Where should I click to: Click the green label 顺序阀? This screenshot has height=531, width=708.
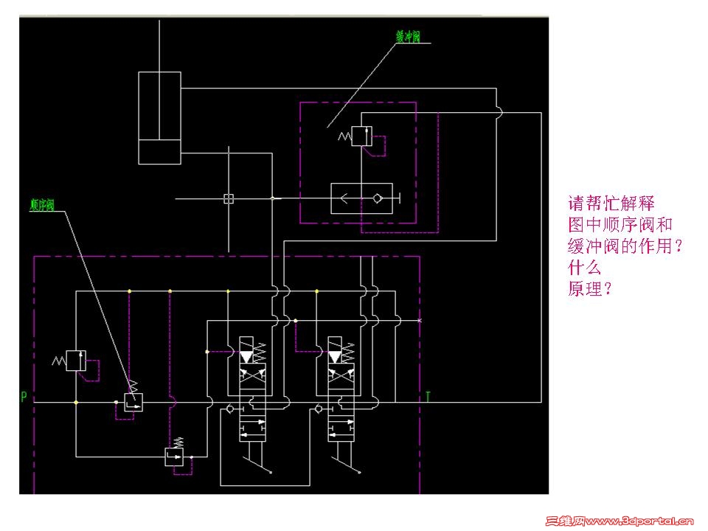pos(41,205)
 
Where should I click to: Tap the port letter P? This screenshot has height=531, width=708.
pos(24,398)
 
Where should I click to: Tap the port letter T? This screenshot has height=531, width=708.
pos(428,398)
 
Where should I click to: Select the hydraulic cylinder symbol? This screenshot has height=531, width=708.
pos(160,117)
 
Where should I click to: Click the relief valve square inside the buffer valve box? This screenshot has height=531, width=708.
pos(361,136)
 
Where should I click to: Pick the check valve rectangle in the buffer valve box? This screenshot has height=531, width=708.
pos(361,198)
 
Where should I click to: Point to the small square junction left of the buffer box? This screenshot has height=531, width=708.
pos(229,198)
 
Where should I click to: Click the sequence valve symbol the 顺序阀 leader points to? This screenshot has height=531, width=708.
pos(133,401)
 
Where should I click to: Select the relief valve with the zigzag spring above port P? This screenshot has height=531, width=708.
pos(77,361)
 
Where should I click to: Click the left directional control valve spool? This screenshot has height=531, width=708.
pos(252,391)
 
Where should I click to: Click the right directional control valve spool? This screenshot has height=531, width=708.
pos(341,391)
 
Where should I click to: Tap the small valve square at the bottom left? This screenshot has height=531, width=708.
pos(174,457)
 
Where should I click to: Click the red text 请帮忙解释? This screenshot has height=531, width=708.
pos(611,204)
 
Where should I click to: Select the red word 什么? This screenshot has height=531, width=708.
pos(584,267)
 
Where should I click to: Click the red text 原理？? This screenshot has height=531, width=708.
pos(590,288)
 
